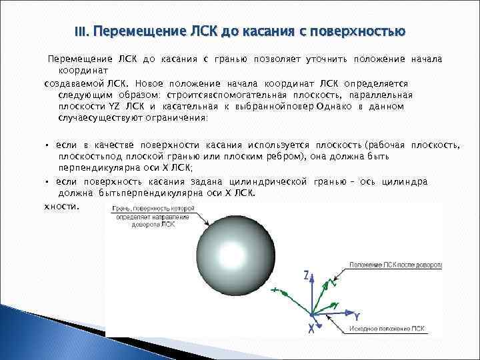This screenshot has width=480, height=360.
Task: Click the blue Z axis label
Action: pyautogui.click(x=305, y=275)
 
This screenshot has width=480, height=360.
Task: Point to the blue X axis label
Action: pyautogui.click(x=311, y=328)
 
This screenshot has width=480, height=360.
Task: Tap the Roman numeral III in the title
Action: pyautogui.click(x=81, y=31)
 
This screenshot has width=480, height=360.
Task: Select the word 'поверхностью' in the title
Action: pyautogui.click(x=363, y=31)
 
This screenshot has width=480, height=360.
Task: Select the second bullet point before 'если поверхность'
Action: pyautogui.click(x=47, y=181)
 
